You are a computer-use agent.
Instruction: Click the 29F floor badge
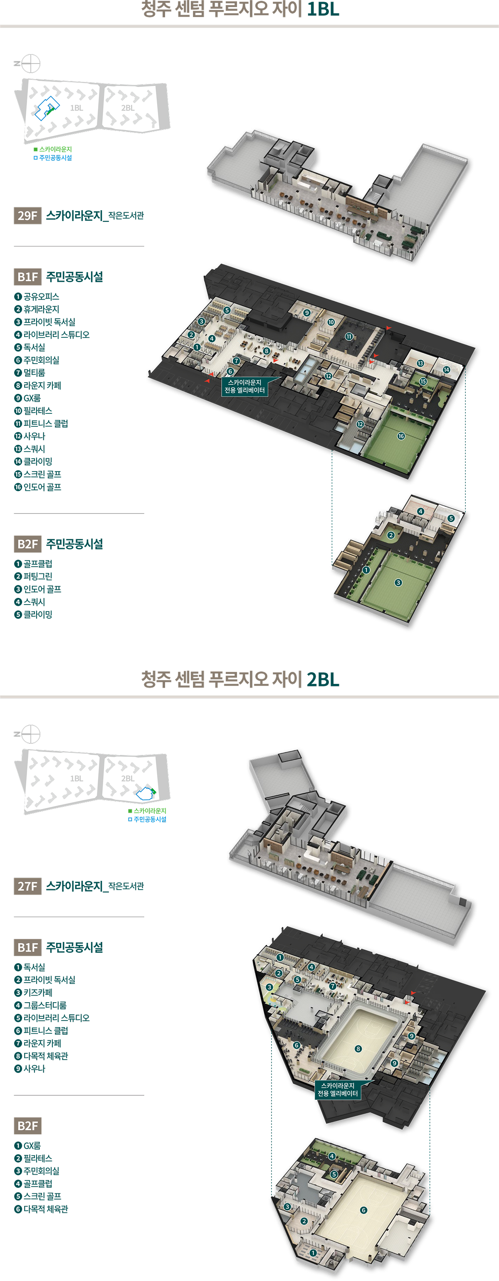coord(27,215)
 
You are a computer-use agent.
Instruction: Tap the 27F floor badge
coord(27,886)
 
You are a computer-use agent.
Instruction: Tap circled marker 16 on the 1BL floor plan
coord(401,436)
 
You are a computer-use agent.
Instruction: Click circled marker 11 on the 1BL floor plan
coord(349,337)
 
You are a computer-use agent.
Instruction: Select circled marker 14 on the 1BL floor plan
coord(446,369)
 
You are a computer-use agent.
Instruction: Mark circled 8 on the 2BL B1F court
coord(358,1048)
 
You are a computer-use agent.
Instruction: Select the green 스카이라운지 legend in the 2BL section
coord(147,811)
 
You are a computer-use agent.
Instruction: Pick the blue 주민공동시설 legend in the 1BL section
coord(53,157)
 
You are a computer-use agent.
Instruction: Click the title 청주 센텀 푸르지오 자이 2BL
coord(240,679)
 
